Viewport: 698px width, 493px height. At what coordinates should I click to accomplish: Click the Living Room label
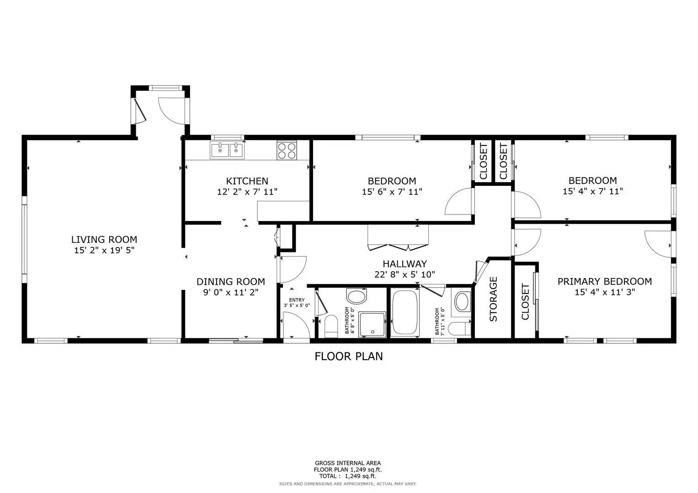pyautogui.click(x=104, y=239)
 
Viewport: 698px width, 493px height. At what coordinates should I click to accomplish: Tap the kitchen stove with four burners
pyautogui.click(x=287, y=151)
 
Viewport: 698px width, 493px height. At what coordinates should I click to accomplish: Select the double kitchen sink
pyautogui.click(x=227, y=150)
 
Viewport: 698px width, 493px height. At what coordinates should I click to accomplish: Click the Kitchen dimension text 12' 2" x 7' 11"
pyautogui.click(x=247, y=192)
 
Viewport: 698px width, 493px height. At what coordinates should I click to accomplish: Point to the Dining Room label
pyautogui.click(x=230, y=282)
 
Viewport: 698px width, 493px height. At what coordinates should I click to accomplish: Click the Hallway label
pyautogui.click(x=405, y=264)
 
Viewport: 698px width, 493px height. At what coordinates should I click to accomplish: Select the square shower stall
pyautogui.click(x=372, y=325)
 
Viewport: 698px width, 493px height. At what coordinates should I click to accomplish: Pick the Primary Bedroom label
pyautogui.click(x=604, y=282)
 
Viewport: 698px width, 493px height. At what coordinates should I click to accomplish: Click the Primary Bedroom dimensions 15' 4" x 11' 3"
pyautogui.click(x=604, y=292)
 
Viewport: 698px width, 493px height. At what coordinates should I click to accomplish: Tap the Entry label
pyautogui.click(x=297, y=300)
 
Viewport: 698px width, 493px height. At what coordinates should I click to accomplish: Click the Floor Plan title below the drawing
pyautogui.click(x=348, y=356)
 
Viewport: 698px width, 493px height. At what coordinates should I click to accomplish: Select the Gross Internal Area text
pyautogui.click(x=348, y=463)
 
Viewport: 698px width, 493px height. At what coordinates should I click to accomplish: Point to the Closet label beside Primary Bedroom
pyautogui.click(x=525, y=302)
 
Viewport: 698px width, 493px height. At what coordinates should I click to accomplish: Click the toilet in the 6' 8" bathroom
pyautogui.click(x=330, y=325)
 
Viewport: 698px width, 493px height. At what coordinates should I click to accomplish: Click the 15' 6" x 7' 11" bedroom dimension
pyautogui.click(x=392, y=192)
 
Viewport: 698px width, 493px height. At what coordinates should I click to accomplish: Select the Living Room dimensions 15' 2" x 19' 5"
pyautogui.click(x=104, y=250)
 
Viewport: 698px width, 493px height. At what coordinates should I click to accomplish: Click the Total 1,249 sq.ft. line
pyautogui.click(x=348, y=476)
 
